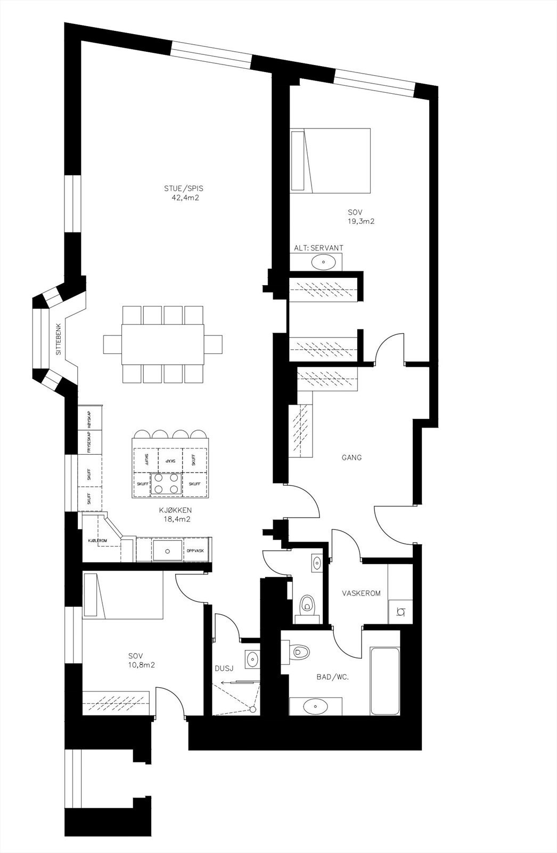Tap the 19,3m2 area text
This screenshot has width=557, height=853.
361,221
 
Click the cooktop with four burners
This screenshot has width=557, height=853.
167,484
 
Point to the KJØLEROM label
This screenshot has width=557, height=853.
97,541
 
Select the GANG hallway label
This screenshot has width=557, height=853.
352,457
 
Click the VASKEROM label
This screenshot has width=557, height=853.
361,593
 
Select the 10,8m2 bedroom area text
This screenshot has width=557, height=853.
141,665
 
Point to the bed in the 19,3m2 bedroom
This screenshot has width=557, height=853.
330,160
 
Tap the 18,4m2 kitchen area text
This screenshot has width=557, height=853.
175,518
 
